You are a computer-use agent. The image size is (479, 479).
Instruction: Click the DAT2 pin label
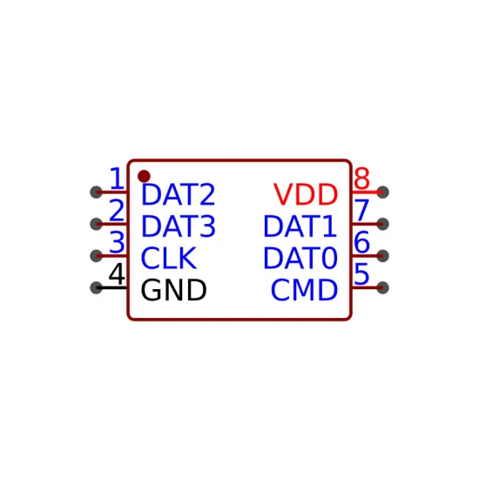coord(179,194)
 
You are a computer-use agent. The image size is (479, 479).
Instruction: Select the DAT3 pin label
coord(179,226)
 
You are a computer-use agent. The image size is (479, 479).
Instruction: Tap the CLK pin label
coord(169,258)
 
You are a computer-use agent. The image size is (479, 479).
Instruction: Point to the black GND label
coord(173,290)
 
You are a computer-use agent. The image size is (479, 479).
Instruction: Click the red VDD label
coord(306,194)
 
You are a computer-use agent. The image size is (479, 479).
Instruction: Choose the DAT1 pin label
coord(300,226)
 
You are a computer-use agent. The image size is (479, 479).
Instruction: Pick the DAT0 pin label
coord(300,258)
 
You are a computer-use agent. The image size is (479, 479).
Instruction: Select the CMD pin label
coord(304,290)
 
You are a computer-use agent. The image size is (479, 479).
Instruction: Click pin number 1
coord(117,179)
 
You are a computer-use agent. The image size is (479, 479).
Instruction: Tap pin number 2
coord(117,210)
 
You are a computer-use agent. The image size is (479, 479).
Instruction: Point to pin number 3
coord(117,242)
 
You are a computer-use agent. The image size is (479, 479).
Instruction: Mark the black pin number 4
coord(117,273)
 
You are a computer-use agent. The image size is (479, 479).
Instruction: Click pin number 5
coord(361,273)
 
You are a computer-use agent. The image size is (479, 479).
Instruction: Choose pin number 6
coord(362,242)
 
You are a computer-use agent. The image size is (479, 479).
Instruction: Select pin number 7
coord(362,210)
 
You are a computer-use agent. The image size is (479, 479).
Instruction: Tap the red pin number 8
coord(362,179)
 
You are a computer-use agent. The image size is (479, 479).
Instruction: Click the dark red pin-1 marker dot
coord(144,176)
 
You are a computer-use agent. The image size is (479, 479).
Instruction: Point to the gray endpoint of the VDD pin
coord(383,192)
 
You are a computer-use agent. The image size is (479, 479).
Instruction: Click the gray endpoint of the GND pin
coord(96,287)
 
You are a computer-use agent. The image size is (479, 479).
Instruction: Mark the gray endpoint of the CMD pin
coord(383,287)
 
